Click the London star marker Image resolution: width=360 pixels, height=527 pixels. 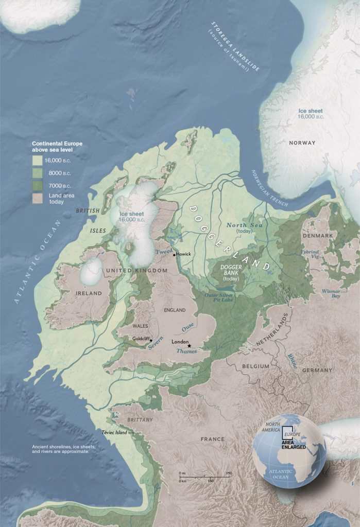[190, 346]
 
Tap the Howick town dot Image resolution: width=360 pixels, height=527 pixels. [175, 254]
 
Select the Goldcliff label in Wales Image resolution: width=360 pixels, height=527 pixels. [141, 338]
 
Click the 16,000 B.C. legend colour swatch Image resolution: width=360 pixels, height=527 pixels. [38, 160]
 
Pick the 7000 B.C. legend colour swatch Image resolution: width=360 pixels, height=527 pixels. [38, 185]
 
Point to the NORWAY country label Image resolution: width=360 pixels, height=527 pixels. [302, 143]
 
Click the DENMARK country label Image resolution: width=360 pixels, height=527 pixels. [318, 235]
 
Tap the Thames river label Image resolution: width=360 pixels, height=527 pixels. [186, 351]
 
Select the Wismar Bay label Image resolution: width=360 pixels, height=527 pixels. [331, 293]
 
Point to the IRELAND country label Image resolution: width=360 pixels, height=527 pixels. [76, 293]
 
